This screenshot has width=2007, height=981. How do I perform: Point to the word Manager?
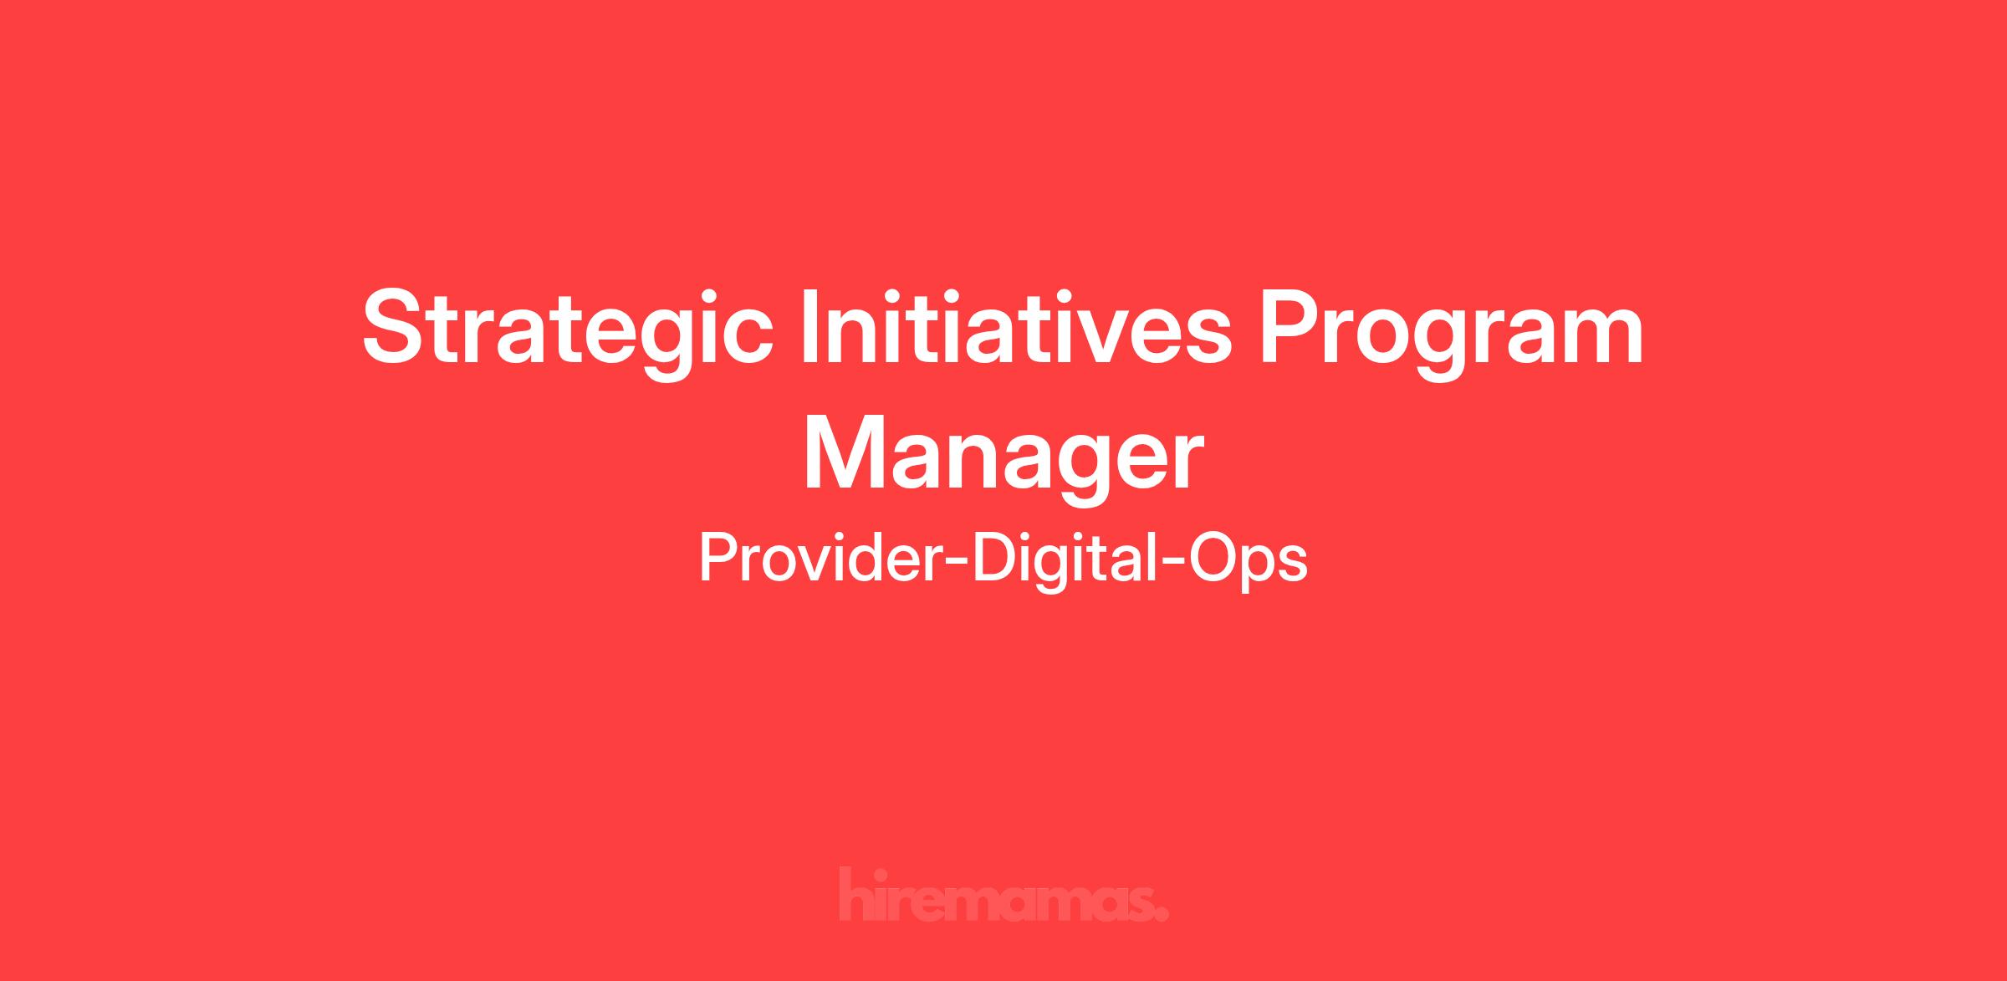pos(1003,459)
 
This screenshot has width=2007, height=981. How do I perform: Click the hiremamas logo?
pos(1004,895)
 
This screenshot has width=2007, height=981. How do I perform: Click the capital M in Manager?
pos(850,450)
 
